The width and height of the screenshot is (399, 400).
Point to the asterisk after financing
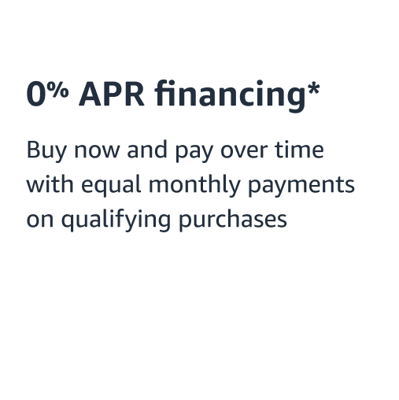pyautogui.click(x=313, y=87)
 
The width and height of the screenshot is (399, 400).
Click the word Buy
pyautogui.click(x=46, y=151)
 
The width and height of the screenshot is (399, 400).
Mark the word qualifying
pyautogui.click(x=113, y=221)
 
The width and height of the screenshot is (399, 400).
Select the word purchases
pyautogui.click(x=233, y=221)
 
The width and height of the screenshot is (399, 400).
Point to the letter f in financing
pyautogui.click(x=161, y=94)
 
